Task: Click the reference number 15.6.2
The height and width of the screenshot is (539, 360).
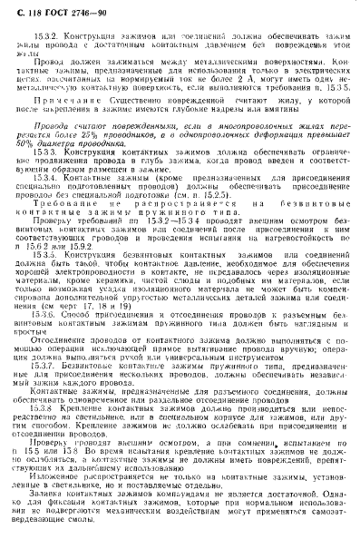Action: point(75,271)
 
